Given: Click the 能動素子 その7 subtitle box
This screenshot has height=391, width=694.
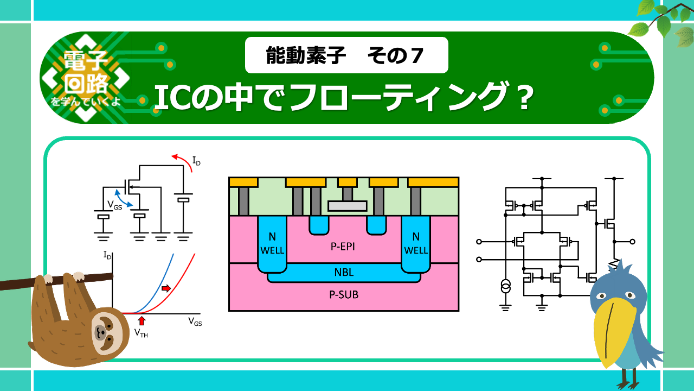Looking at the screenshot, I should tap(346, 55).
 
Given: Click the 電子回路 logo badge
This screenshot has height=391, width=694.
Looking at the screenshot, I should tap(86, 78).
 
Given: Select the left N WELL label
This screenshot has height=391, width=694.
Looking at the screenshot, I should tap(272, 243).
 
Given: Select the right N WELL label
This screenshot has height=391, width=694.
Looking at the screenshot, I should tap(416, 243).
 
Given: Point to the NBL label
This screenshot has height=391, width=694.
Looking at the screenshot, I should tap(344, 272).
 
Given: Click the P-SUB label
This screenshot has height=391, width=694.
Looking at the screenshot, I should tap(344, 295).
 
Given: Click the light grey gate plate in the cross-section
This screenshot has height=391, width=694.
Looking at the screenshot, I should tap(348, 206).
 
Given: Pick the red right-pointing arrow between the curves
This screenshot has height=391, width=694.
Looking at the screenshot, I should tap(166, 288).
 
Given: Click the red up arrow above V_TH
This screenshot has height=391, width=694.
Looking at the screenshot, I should tap(142, 320).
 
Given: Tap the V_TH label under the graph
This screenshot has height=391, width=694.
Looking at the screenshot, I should tap(141, 333).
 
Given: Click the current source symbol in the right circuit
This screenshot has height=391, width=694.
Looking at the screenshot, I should tap(505, 286).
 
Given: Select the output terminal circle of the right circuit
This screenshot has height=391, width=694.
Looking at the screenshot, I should tap(632, 242).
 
